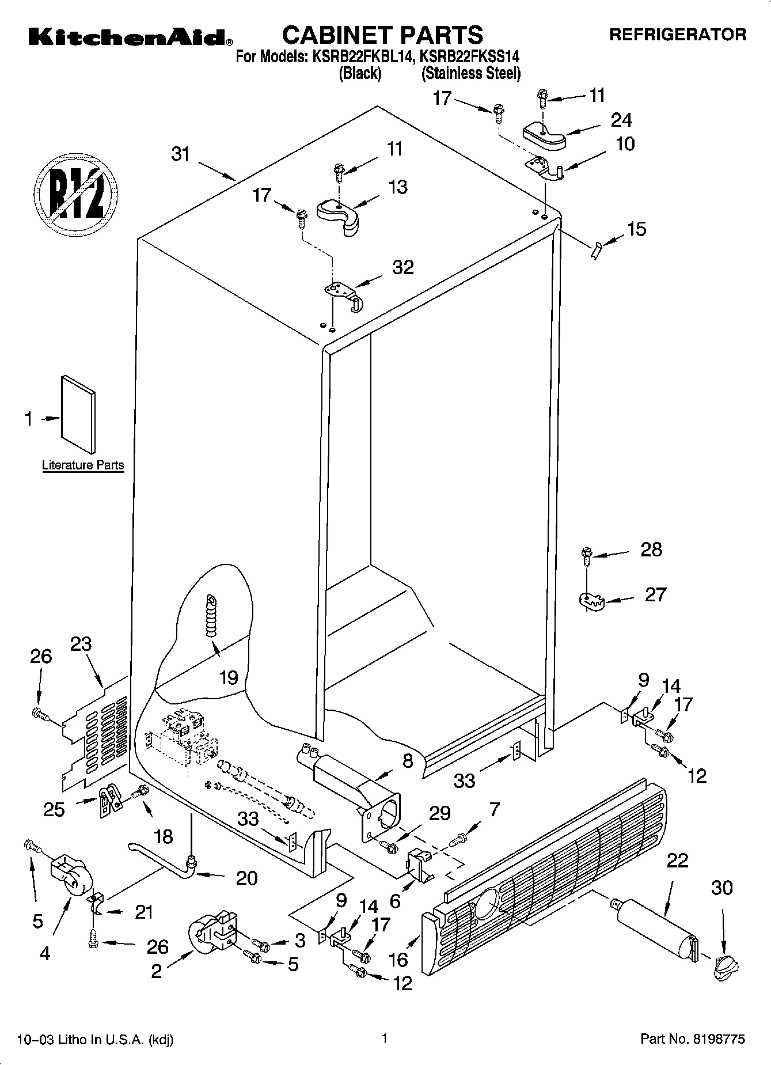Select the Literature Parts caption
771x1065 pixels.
[x=83, y=465]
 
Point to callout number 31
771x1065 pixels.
[x=181, y=154]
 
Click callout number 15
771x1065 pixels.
[x=636, y=229]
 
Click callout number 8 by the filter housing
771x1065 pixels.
[x=408, y=761]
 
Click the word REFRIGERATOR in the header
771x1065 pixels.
[x=677, y=35]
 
